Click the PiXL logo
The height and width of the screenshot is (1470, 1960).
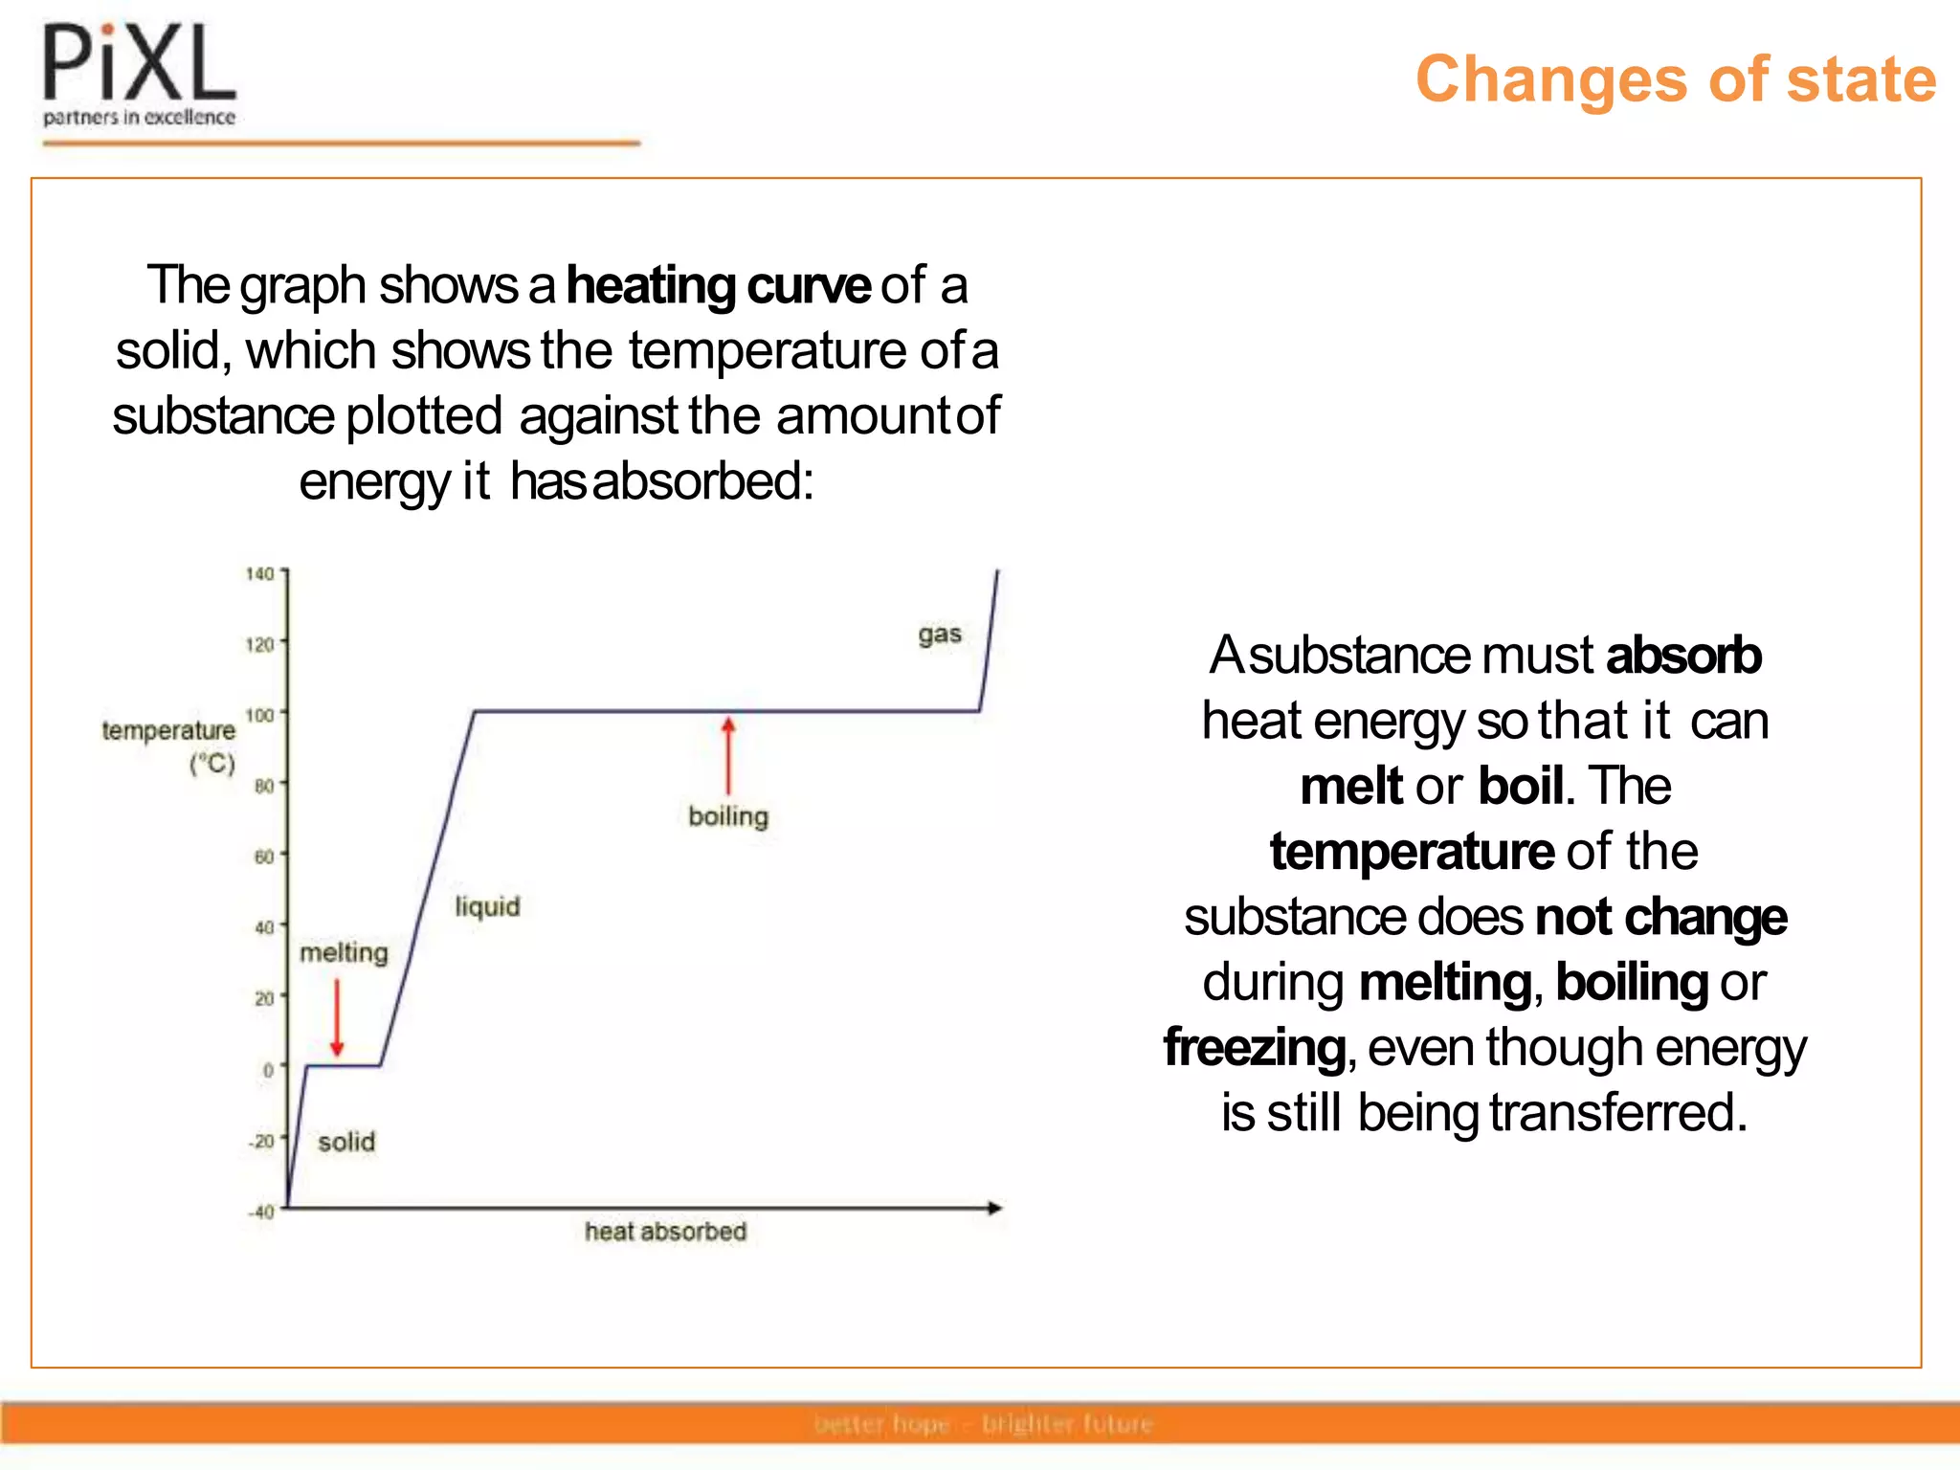click(x=140, y=75)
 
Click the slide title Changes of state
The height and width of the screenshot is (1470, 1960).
click(x=1675, y=78)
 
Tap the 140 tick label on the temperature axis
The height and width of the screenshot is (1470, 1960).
click(x=259, y=574)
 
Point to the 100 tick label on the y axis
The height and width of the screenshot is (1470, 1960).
click(x=259, y=715)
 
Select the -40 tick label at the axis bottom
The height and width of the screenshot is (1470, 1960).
click(x=261, y=1212)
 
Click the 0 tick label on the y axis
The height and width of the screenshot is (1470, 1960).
click(x=268, y=1070)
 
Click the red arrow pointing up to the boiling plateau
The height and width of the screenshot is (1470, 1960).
click(x=728, y=756)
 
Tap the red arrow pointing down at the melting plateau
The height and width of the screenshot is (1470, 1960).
click(x=337, y=1016)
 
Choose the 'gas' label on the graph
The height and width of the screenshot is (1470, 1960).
click(x=939, y=635)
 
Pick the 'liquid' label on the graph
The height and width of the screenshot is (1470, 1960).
click(x=487, y=906)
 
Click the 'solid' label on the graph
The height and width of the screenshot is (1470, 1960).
click(x=346, y=1142)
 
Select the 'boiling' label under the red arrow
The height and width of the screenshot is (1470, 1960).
click(x=728, y=816)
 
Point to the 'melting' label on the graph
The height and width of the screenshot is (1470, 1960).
click(x=345, y=953)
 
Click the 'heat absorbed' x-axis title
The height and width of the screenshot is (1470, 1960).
click(x=665, y=1232)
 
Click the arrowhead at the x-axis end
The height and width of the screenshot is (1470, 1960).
click(x=994, y=1208)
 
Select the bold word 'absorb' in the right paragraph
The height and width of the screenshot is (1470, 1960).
click(x=1682, y=656)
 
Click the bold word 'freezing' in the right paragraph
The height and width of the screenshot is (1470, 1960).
click(x=1255, y=1047)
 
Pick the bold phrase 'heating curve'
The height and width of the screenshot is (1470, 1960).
click(x=718, y=285)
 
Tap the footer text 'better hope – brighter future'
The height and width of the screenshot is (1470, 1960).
click(x=984, y=1424)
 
